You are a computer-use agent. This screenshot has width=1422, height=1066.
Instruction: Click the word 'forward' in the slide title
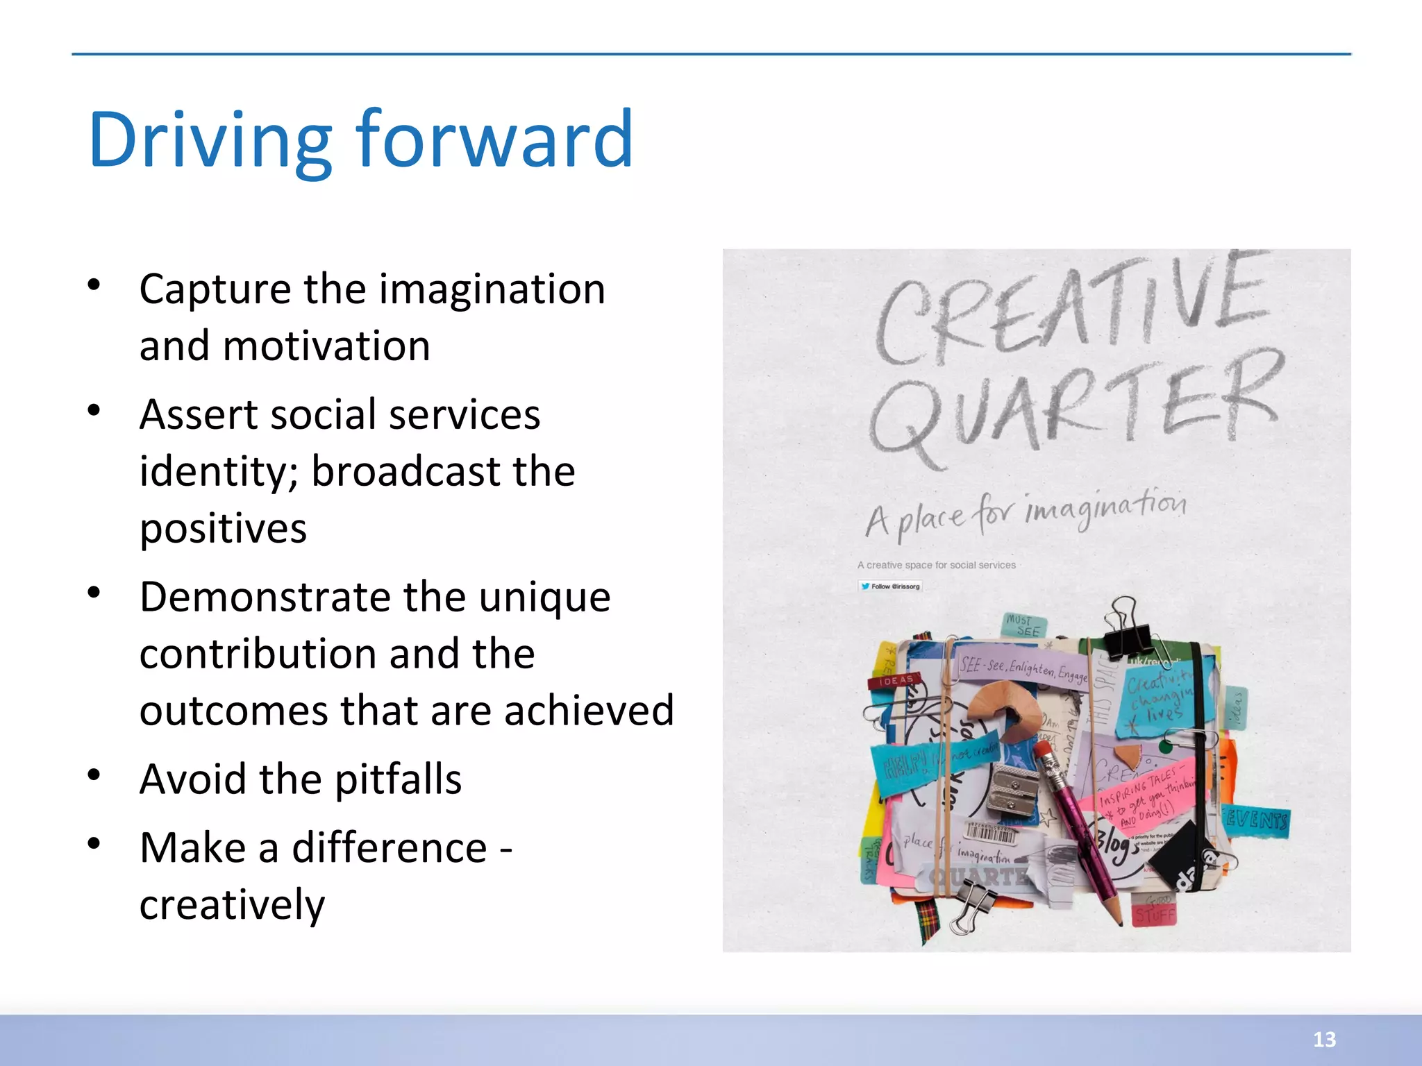(x=494, y=140)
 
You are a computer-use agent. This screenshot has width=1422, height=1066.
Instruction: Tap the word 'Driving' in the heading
(x=210, y=142)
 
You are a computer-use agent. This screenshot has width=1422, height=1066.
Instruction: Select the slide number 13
(x=1324, y=1039)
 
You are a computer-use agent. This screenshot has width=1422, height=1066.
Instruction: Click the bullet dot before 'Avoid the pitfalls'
(x=94, y=774)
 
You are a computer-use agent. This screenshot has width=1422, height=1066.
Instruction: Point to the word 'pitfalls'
(x=398, y=779)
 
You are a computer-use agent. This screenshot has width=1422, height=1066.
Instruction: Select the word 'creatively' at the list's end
(x=232, y=905)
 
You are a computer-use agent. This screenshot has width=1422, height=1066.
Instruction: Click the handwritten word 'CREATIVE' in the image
(x=1073, y=312)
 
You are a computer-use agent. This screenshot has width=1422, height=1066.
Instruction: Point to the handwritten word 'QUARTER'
(x=1073, y=409)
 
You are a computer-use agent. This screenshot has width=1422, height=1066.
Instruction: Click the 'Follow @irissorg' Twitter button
(x=890, y=586)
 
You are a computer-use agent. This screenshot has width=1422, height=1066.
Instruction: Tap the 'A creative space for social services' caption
(x=936, y=565)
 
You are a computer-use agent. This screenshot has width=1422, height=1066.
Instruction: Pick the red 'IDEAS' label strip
(x=895, y=681)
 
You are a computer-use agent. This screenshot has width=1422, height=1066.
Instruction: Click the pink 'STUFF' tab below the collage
(x=1154, y=913)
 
